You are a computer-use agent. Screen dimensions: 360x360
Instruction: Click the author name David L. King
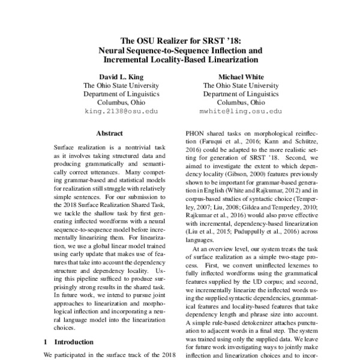pyautogui.click(x=121, y=77)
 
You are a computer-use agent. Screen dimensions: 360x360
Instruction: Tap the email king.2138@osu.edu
pyautogui.click(x=121, y=112)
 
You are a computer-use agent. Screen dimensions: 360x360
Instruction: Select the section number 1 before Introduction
pyautogui.click(x=47, y=342)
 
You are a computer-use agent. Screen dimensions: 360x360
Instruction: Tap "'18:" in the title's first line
pyautogui.click(x=232, y=41)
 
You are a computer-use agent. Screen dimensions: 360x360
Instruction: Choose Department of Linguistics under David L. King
pyautogui.click(x=121, y=94)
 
